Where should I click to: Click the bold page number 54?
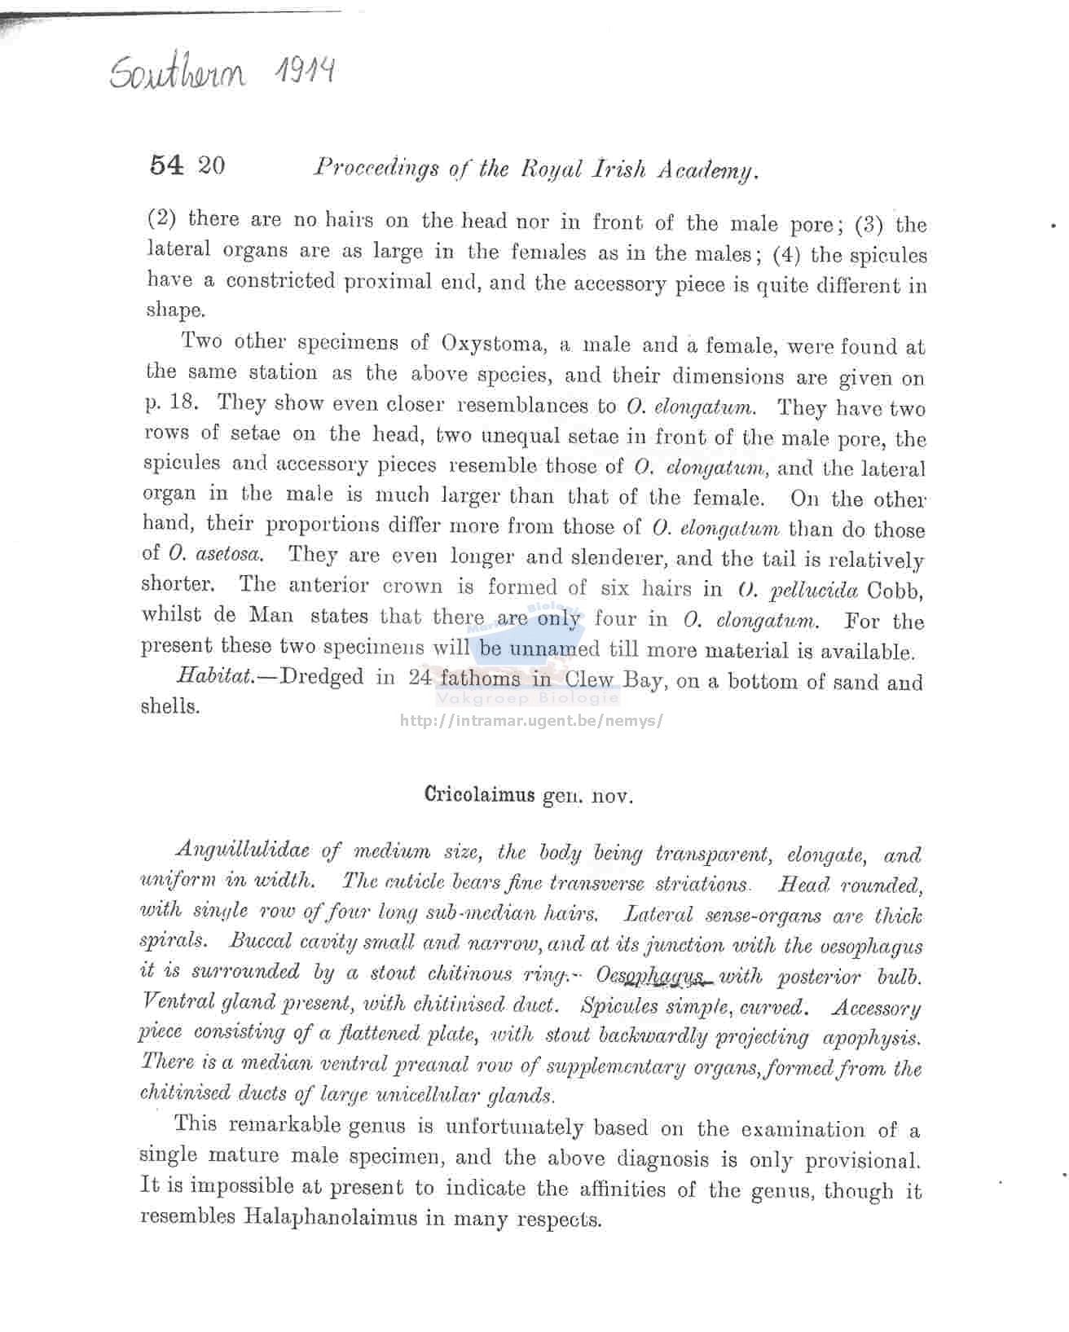pyautogui.click(x=167, y=165)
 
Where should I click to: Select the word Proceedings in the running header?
pyautogui.click(x=376, y=169)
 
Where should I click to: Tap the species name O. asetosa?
pyautogui.click(x=215, y=555)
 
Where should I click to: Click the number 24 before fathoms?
pyautogui.click(x=420, y=678)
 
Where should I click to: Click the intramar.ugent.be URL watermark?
pyautogui.click(x=530, y=721)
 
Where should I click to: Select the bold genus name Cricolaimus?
pyautogui.click(x=479, y=795)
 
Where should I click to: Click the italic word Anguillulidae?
pyautogui.click(x=242, y=851)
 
